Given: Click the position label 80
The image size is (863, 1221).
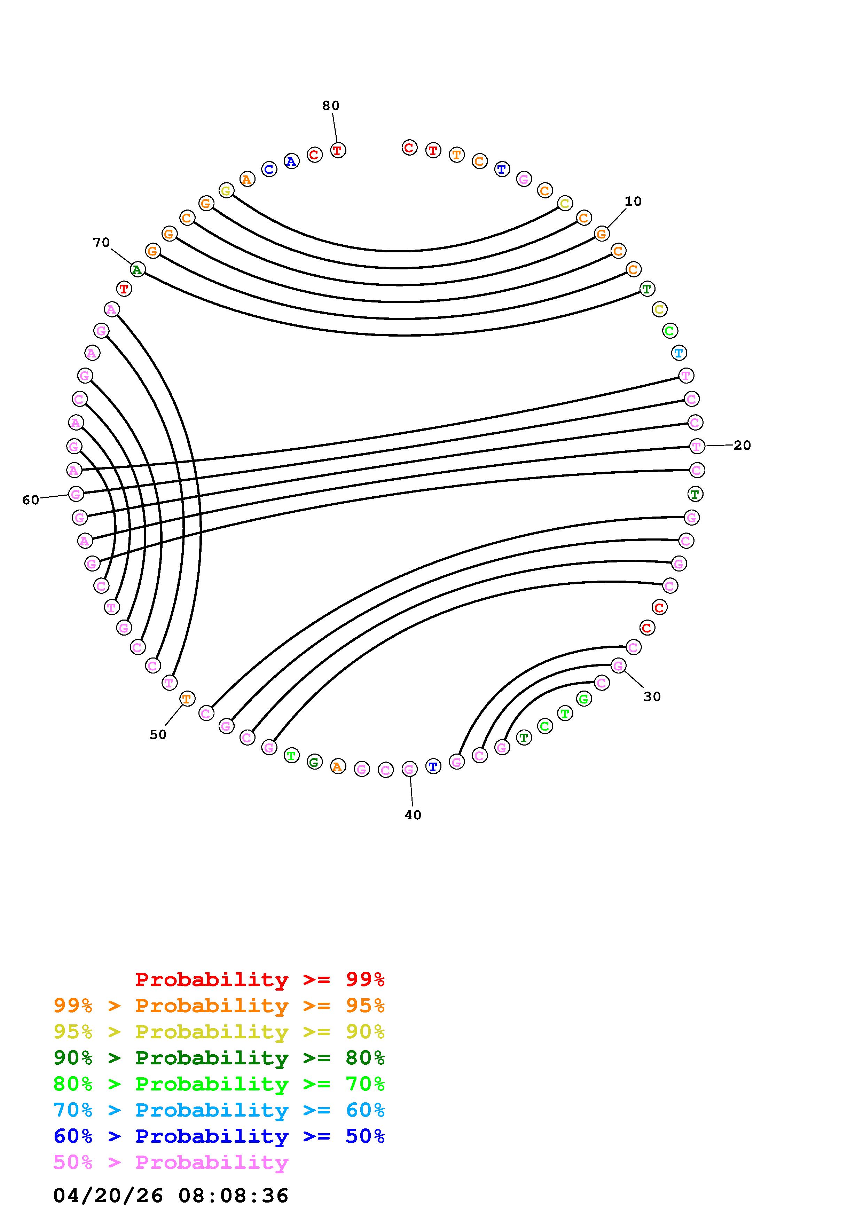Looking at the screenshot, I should [331, 106].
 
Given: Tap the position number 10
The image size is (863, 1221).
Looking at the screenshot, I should [633, 202].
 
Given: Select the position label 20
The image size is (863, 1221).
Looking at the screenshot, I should [742, 446].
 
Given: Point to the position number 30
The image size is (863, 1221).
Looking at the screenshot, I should [652, 697].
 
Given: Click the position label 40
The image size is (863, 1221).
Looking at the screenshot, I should [413, 815].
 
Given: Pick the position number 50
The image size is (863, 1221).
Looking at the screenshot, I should [158, 735].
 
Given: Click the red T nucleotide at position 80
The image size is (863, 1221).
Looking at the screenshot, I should [338, 150].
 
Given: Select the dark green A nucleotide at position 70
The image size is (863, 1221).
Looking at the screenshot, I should [137, 270].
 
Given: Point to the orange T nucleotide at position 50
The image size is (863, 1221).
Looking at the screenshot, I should [187, 699].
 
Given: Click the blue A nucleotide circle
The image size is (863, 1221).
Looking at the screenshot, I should [291, 161].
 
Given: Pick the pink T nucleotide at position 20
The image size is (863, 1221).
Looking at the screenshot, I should [697, 446].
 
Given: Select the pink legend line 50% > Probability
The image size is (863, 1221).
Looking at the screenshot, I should [171, 1163].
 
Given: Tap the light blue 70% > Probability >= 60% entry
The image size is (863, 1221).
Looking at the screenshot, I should [219, 1110].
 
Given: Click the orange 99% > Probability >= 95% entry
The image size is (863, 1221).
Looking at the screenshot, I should [219, 1006].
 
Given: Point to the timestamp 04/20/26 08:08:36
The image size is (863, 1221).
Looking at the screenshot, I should [171, 1196].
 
